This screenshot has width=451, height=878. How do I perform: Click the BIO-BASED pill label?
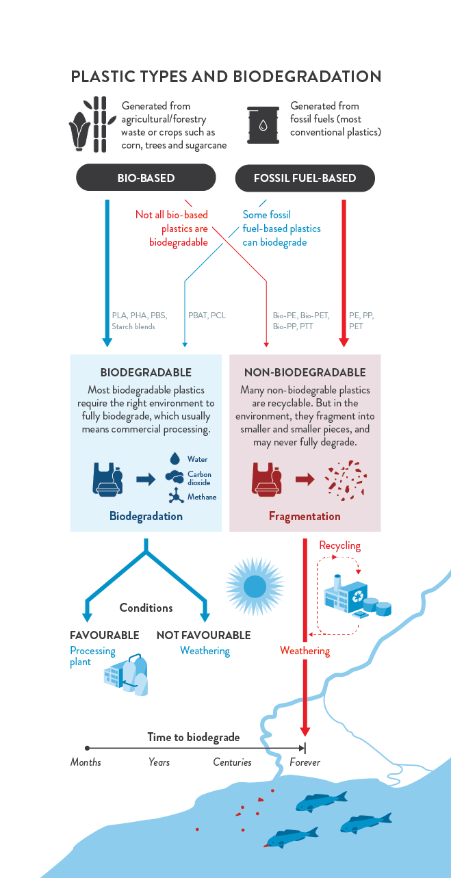(146, 178)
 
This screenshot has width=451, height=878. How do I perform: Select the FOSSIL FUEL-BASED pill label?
(305, 178)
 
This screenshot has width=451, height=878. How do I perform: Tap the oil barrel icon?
(263, 125)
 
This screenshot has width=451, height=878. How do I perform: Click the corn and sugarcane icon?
(92, 125)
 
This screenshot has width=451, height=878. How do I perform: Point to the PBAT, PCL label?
(207, 315)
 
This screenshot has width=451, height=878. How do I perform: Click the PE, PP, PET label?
(361, 321)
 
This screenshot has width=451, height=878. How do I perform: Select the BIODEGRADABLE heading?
(146, 372)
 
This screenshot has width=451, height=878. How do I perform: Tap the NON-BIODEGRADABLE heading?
(305, 372)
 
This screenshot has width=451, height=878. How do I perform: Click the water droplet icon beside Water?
(175, 459)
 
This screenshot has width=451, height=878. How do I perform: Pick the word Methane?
(202, 497)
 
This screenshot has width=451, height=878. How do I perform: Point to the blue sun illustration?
(255, 586)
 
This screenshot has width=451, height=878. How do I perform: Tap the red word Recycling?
(339, 545)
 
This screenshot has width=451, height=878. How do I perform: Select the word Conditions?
(146, 608)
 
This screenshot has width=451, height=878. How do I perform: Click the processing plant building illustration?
(126, 675)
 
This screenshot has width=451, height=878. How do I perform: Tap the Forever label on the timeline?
(305, 762)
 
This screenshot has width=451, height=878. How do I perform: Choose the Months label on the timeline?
(86, 762)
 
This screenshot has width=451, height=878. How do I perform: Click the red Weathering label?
(305, 651)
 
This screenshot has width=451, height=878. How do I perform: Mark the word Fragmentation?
(305, 516)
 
